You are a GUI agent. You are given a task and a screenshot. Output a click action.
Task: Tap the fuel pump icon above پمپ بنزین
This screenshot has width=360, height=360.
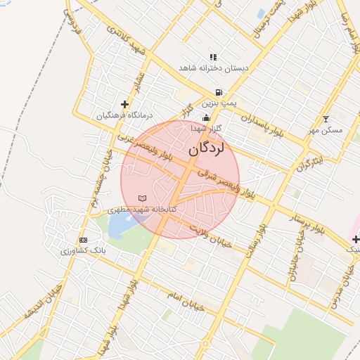coord(220,92)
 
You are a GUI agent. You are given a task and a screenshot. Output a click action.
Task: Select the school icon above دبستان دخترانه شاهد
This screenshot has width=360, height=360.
coord(213,57)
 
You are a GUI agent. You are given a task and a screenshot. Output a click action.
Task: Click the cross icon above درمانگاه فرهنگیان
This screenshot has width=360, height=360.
coord(125,104)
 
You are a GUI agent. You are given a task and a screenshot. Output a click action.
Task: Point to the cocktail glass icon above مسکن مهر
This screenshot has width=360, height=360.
coord(325,119)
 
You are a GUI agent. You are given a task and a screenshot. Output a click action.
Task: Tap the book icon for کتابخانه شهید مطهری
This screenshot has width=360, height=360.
coord(143,199)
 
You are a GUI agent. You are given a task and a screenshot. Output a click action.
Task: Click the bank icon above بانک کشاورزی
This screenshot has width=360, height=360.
coord(84,240)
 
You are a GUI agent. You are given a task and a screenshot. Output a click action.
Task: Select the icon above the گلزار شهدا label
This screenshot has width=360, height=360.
coord(206,117)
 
